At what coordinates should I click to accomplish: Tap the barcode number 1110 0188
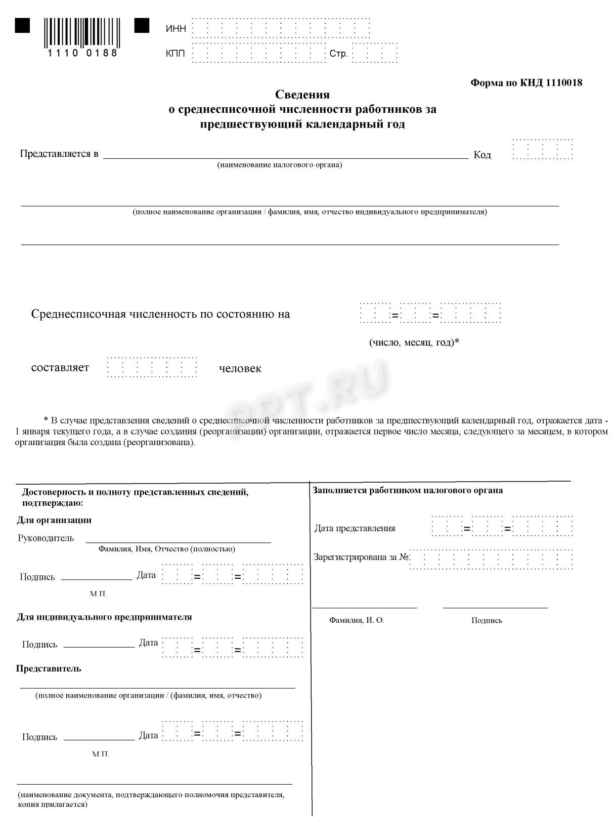point(82,53)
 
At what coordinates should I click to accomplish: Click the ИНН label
point(176,29)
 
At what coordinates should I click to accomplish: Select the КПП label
point(175,54)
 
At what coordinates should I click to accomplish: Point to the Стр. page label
point(338,54)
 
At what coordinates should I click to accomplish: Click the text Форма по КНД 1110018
point(526,83)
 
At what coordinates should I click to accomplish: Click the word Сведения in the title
point(302,95)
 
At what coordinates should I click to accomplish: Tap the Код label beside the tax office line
point(482,155)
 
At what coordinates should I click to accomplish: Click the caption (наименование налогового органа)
point(280,165)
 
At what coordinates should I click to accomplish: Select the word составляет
point(60,368)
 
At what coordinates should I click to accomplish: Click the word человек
point(240,369)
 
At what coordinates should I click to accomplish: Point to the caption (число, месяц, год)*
point(414,342)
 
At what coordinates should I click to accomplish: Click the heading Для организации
point(54,520)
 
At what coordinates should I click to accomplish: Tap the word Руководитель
point(46,538)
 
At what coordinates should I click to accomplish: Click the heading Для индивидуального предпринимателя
point(104,617)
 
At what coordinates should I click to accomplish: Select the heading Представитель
point(49,669)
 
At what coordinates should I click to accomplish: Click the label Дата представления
point(355,528)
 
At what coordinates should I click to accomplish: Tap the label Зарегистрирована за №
point(361,557)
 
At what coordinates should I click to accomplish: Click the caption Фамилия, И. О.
point(357,620)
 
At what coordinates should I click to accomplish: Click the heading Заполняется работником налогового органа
point(408,490)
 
